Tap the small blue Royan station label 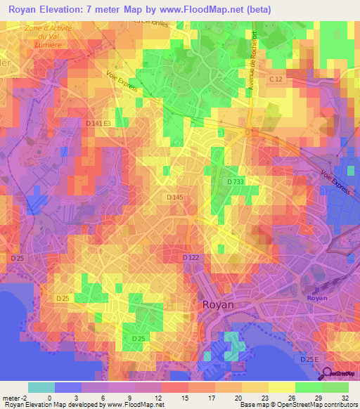coord(317,298)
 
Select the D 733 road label coord(236,182)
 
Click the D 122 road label coord(191,258)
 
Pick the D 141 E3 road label coord(98,124)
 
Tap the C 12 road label coord(276,80)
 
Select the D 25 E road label coord(310,359)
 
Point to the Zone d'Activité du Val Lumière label coord(49,35)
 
